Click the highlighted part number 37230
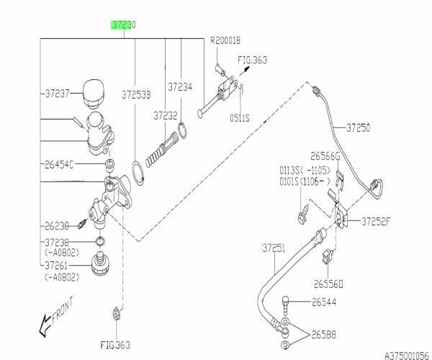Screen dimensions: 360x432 [123, 24]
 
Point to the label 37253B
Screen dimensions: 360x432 [135, 94]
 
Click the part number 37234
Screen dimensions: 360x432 [181, 87]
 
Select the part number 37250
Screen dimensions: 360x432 [358, 127]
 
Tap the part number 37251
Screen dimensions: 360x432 [274, 248]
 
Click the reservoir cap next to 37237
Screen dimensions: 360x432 [91, 91]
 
